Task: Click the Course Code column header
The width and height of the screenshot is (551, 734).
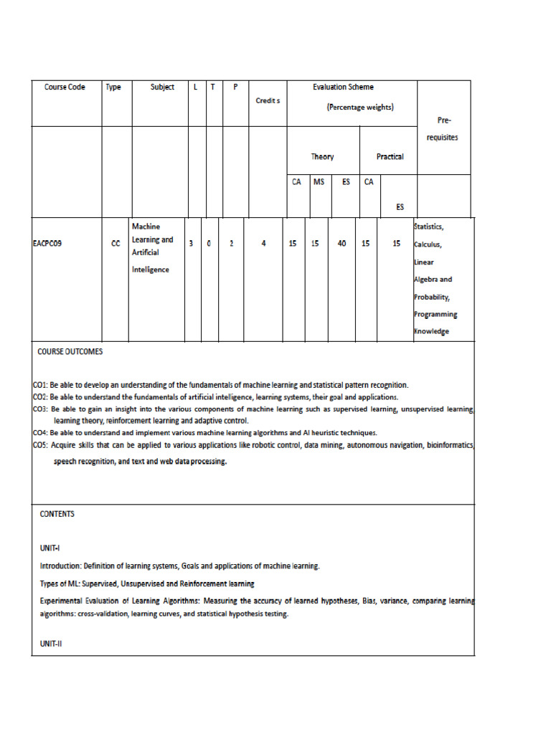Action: click(65, 87)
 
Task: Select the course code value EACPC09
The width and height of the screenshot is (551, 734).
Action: click(48, 244)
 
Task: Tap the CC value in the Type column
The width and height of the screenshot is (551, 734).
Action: click(116, 244)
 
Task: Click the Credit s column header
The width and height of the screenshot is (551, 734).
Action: click(268, 101)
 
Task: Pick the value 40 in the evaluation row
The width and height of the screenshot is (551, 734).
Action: click(342, 244)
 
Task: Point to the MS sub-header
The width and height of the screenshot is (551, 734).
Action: click(319, 182)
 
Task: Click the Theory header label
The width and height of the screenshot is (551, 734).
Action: click(322, 157)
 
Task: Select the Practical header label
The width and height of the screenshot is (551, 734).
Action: click(390, 157)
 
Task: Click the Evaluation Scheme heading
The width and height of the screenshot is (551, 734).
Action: click(343, 87)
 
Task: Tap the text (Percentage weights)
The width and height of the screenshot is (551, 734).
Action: click(360, 108)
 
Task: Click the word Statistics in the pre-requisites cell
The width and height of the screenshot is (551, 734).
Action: click(430, 227)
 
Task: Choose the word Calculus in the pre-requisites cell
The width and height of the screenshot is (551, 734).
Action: click(428, 244)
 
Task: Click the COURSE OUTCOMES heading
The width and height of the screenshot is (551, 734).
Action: click(70, 352)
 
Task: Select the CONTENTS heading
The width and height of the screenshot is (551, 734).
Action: click(57, 514)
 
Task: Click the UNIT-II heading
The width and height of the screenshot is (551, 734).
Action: click(52, 644)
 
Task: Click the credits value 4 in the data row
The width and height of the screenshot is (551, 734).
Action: click(264, 244)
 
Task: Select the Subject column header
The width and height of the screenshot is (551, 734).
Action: click(162, 87)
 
